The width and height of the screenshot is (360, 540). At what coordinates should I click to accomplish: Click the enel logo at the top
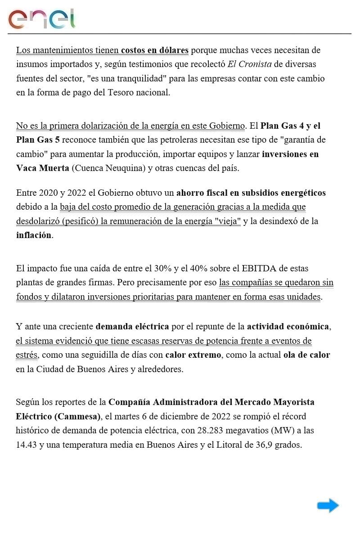click(x=41, y=19)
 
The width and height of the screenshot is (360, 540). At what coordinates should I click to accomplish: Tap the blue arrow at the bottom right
click(x=328, y=505)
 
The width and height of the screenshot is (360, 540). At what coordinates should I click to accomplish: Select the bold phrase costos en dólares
click(x=154, y=50)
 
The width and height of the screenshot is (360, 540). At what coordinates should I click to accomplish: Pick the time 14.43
click(x=27, y=445)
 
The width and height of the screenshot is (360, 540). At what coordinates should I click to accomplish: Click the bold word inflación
click(x=34, y=235)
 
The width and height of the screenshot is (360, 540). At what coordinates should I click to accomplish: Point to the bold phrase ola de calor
click(x=306, y=355)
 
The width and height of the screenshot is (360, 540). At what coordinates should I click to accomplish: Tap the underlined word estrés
click(x=27, y=355)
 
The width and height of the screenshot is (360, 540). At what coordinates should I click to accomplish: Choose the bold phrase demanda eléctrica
click(x=132, y=326)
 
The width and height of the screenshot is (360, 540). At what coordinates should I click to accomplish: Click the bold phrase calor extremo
click(x=193, y=355)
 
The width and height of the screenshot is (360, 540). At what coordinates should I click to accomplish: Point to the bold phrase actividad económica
click(x=288, y=326)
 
